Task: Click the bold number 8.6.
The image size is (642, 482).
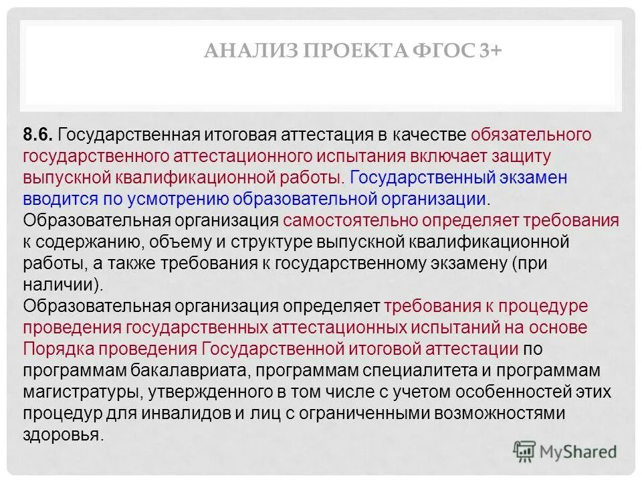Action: (38, 135)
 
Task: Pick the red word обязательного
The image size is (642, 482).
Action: (532, 135)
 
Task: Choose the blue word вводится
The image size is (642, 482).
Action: (55, 199)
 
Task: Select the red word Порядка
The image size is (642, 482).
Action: (56, 349)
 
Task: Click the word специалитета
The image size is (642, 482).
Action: (385, 370)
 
